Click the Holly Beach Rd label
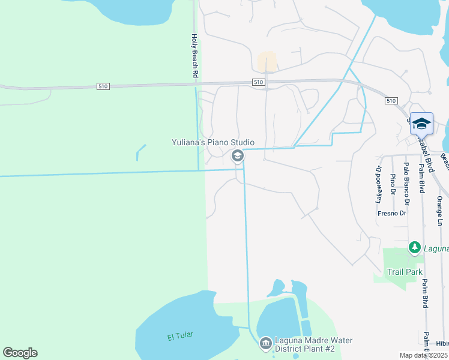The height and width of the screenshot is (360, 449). tap(194, 56)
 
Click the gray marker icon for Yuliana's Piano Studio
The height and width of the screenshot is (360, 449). tap(237, 157)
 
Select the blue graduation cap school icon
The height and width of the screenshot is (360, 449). tap(421, 124)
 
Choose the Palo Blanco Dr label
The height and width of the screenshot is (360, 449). tap(406, 178)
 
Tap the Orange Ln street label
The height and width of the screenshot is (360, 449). tap(440, 211)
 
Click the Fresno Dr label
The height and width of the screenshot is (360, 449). tap(392, 213)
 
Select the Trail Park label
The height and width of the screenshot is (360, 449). tap(405, 272)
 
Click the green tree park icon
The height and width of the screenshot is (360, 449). tap(414, 247)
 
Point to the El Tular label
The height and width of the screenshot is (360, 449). tap(180, 336)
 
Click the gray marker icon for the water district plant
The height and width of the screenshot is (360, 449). tap(265, 343)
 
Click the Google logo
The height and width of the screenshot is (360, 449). tap(20, 353)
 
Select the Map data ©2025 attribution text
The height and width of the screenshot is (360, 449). tap(424, 355)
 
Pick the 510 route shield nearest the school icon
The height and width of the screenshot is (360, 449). tap(391, 101)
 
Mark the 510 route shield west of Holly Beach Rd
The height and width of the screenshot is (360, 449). tap(103, 86)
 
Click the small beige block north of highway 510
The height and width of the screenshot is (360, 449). tap(267, 61)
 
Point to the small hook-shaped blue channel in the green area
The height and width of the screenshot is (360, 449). tap(140, 152)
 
